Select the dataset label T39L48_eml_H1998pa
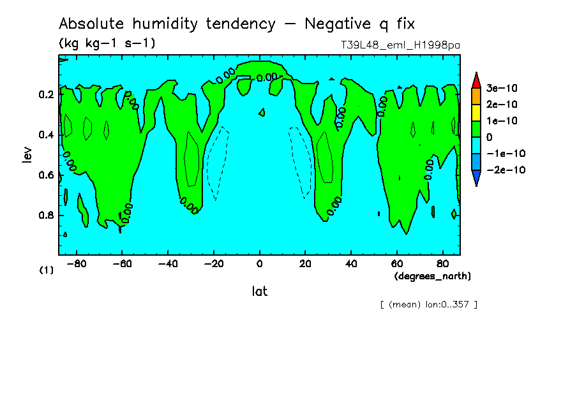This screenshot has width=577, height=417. (x=400, y=45)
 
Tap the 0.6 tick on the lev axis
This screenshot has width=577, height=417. (x=47, y=175)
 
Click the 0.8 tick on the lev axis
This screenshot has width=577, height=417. (x=47, y=216)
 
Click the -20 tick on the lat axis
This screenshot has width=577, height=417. (x=213, y=263)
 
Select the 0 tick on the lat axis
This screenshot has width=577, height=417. (x=259, y=263)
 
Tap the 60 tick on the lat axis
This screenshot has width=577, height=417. (x=396, y=263)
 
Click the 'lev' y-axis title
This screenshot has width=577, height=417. (x=26, y=154)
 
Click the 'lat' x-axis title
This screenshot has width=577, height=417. (x=259, y=291)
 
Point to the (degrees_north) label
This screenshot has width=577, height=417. (x=432, y=276)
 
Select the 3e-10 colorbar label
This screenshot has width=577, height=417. (x=502, y=87)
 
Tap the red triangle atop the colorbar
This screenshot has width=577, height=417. (x=476, y=79)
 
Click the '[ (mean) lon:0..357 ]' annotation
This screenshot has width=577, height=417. (x=428, y=304)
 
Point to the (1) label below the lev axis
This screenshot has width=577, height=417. (x=47, y=270)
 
